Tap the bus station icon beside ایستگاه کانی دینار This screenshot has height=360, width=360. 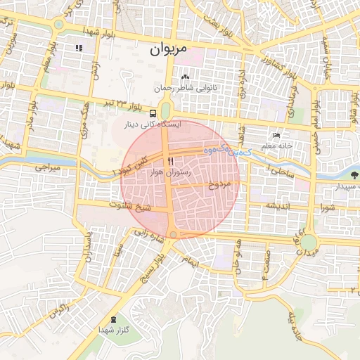153,112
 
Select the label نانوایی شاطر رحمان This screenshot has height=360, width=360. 183,88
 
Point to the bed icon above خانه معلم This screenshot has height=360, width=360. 276,136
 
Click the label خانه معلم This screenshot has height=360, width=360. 276,146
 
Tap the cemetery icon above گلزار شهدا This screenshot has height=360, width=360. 112,319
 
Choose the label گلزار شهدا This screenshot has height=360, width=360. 111,330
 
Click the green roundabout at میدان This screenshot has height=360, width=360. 310,242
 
